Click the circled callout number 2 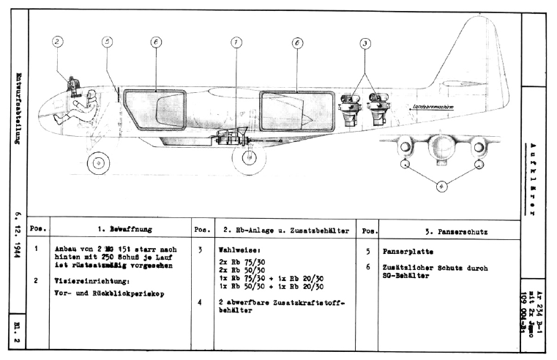tap(59, 42)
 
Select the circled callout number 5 tap(108, 42)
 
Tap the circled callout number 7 tap(235, 42)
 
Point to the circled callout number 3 tap(365, 42)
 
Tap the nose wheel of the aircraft tap(97, 163)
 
